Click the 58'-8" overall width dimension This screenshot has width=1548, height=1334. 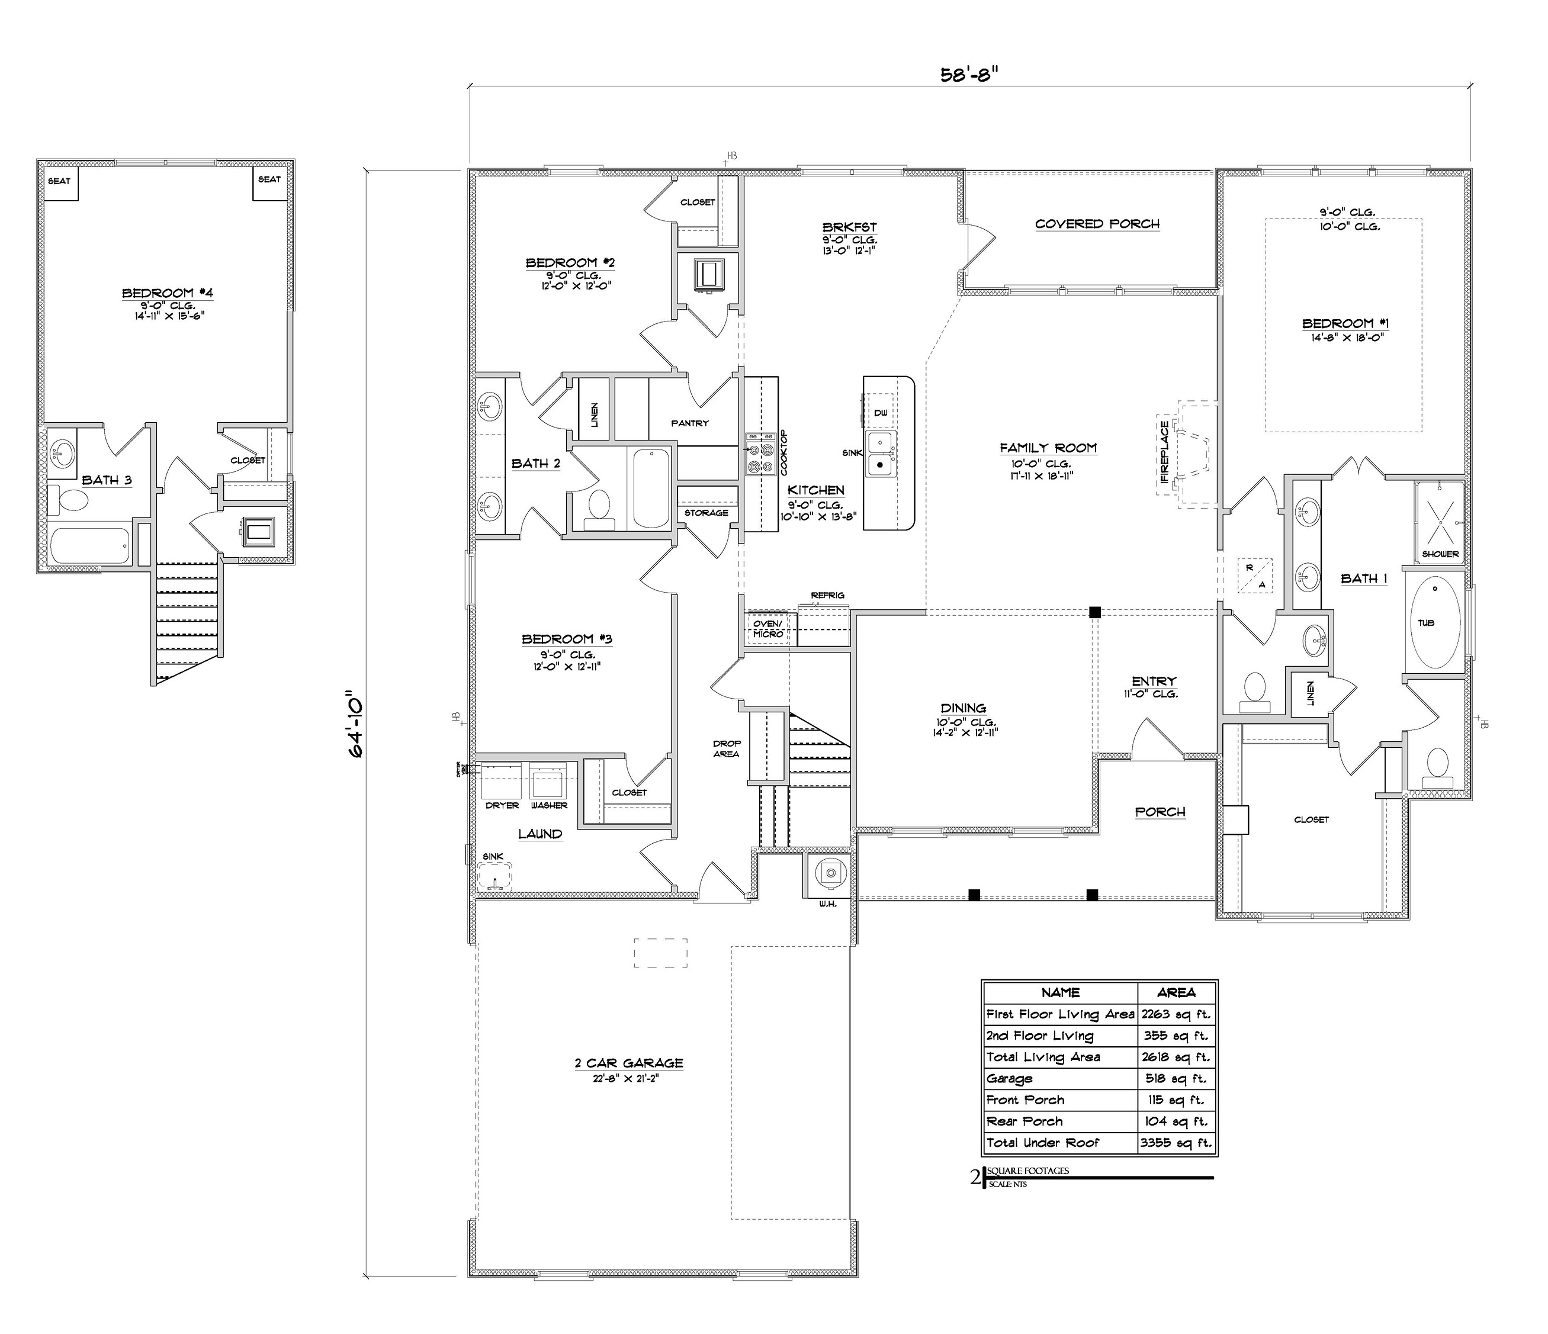pos(969,75)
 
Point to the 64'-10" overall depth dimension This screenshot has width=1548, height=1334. pos(357,728)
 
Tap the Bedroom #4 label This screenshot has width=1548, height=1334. pos(168,292)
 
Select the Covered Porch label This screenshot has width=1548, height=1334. pos(1097,224)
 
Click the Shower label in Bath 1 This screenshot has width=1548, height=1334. pos(1440,554)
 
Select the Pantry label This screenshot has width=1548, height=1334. pos(689,423)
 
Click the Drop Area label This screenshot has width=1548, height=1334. pos(726,748)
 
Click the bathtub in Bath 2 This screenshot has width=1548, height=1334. pos(651,488)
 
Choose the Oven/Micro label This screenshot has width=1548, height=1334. pos(767,628)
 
